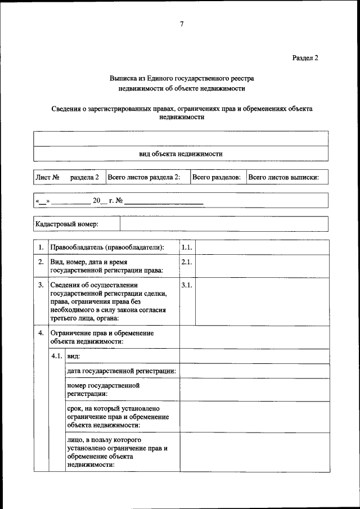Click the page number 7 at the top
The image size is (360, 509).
click(181, 24)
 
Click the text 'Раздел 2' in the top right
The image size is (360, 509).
click(305, 57)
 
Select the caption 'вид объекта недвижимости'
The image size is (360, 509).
click(181, 154)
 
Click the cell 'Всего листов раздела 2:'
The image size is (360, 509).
click(144, 177)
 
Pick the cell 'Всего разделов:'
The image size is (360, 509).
click(217, 177)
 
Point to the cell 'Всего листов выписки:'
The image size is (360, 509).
click(283, 177)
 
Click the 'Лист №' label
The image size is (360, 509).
click(48, 177)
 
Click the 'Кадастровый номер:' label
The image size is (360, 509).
click(67, 224)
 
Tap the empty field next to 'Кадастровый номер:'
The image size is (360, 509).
click(223, 224)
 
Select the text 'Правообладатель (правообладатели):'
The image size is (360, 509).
click(107, 247)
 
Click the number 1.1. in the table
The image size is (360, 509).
click(187, 247)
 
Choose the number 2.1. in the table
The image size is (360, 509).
click(187, 262)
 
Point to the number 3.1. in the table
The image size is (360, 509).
click(187, 285)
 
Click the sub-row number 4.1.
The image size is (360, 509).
click(57, 356)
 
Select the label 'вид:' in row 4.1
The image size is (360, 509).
click(73, 356)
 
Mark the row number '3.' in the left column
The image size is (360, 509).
click(41, 285)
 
